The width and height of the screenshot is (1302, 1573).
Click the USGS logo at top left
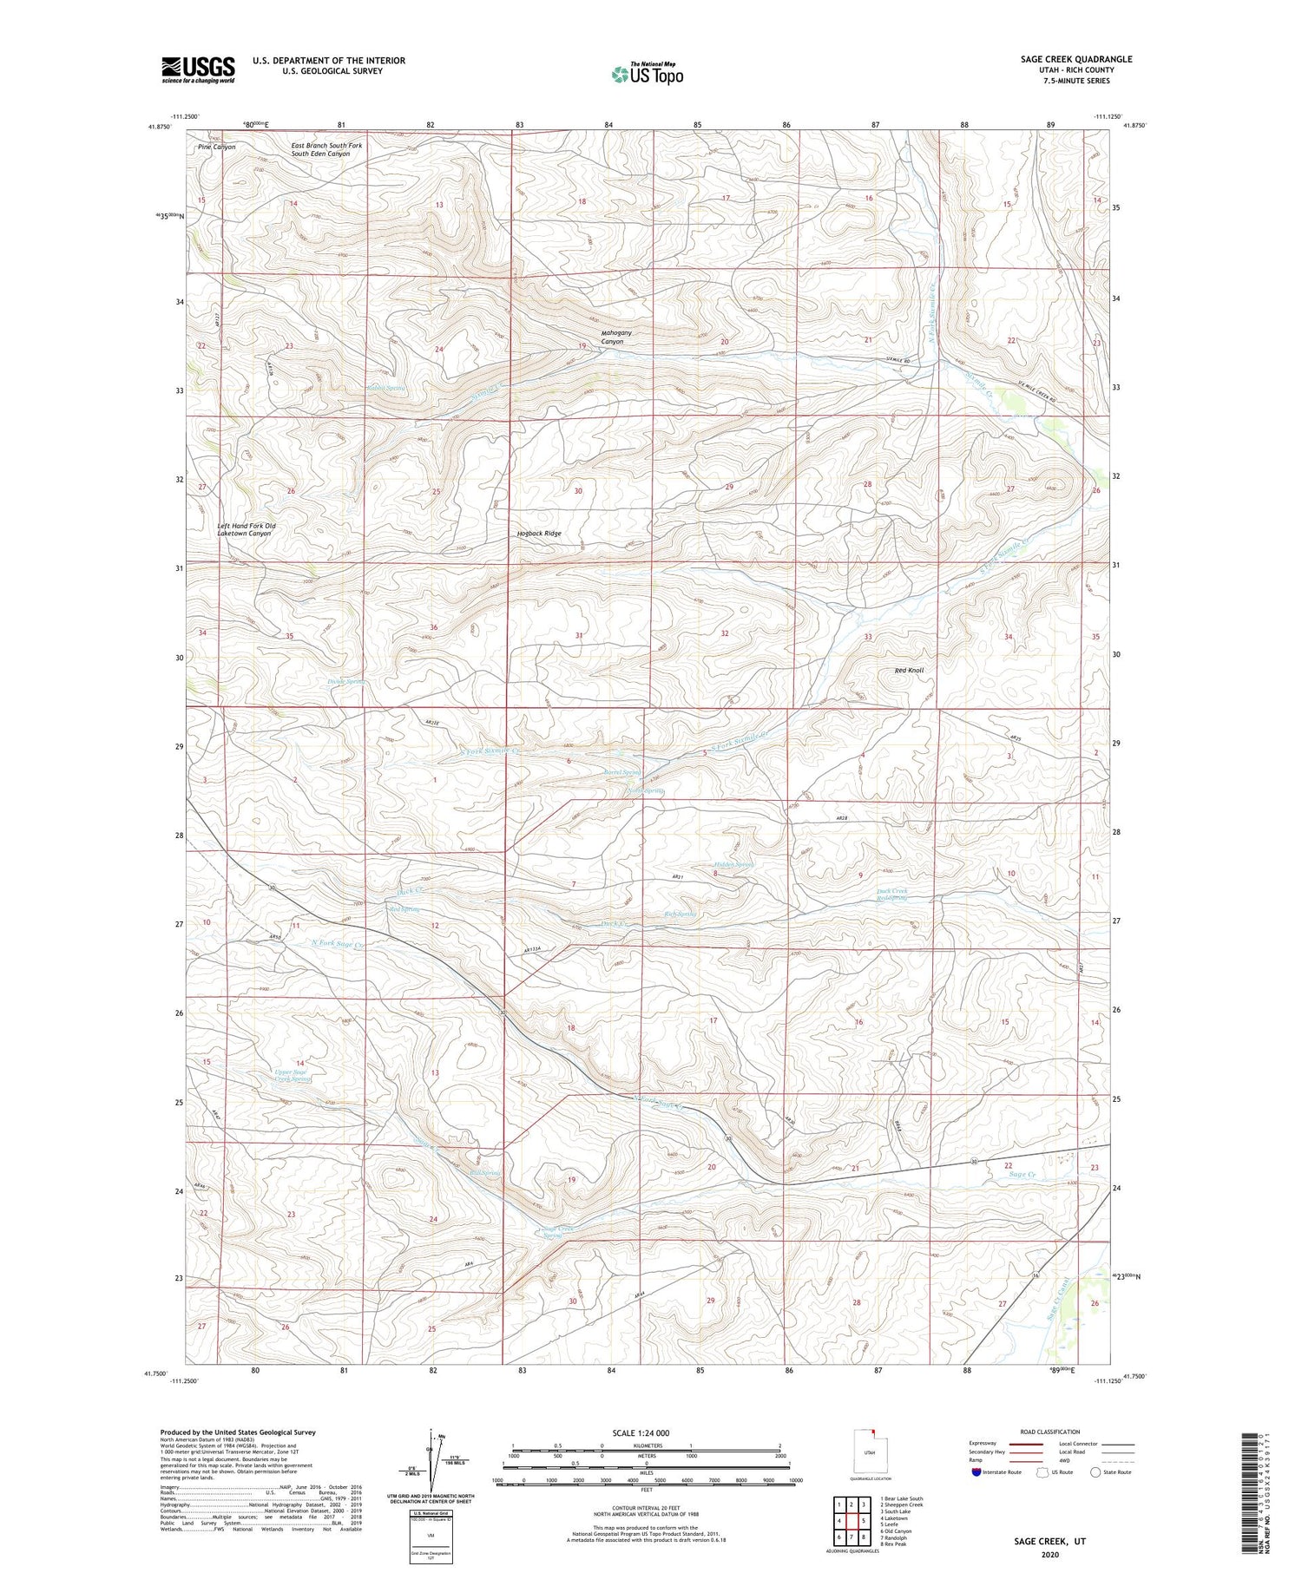(x=198, y=69)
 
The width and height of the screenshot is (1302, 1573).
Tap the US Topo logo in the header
(x=647, y=74)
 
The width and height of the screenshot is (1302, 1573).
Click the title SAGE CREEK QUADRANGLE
(x=1076, y=59)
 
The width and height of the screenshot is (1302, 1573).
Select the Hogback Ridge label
(x=533, y=534)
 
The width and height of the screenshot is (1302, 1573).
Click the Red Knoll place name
(x=909, y=671)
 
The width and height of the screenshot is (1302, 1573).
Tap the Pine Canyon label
(x=216, y=147)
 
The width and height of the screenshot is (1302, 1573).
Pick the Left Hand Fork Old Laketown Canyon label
(x=247, y=530)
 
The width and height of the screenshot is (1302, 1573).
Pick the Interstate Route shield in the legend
(x=976, y=1472)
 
